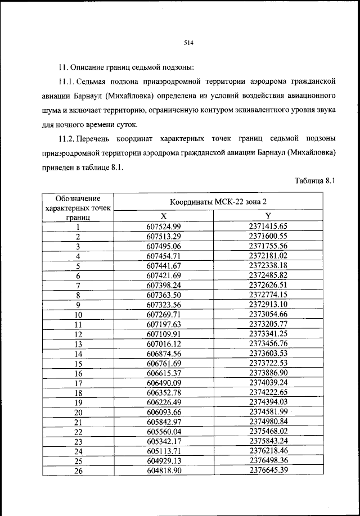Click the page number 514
pyautogui.click(x=188, y=42)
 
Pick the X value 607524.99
pyautogui.click(x=164, y=227)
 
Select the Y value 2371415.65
pyautogui.click(x=268, y=227)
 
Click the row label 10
pyautogui.click(x=78, y=315)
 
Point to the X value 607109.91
pyautogui.click(x=164, y=334)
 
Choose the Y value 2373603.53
pyautogui.click(x=268, y=354)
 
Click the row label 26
pyautogui.click(x=78, y=471)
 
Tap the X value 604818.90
pyautogui.click(x=164, y=470)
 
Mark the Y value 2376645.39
pyautogui.click(x=268, y=470)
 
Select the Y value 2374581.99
pyautogui.click(x=268, y=412)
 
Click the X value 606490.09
pyautogui.click(x=164, y=383)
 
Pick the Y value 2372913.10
pyautogui.click(x=268, y=305)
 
